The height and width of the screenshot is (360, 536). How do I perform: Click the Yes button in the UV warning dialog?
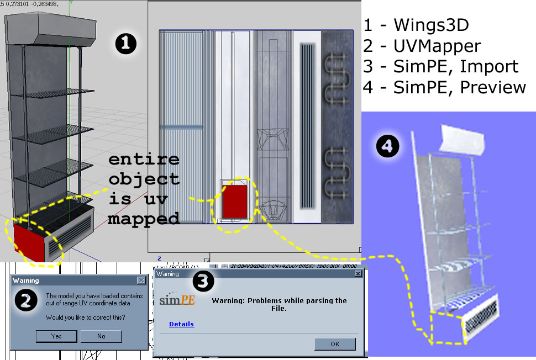(56, 336)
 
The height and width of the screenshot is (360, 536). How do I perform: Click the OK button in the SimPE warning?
(335, 343)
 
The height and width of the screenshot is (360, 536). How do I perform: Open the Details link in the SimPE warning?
(181, 324)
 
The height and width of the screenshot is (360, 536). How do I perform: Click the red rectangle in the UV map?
(234, 201)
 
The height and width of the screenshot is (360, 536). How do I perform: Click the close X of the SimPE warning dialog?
(358, 273)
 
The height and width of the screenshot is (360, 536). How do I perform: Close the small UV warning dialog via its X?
(141, 280)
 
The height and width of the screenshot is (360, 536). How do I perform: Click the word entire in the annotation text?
(144, 160)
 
